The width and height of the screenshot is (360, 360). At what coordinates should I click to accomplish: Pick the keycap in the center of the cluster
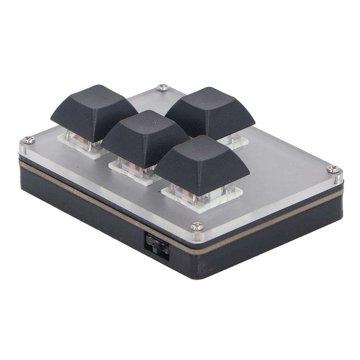[144, 137]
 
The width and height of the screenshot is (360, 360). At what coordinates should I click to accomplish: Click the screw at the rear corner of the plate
[162, 88]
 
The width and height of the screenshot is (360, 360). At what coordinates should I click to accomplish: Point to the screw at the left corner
[29, 140]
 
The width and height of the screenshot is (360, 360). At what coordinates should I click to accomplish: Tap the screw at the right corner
[333, 169]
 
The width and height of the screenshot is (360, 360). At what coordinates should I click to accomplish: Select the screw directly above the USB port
[197, 226]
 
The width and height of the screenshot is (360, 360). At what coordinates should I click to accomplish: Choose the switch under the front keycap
[197, 195]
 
